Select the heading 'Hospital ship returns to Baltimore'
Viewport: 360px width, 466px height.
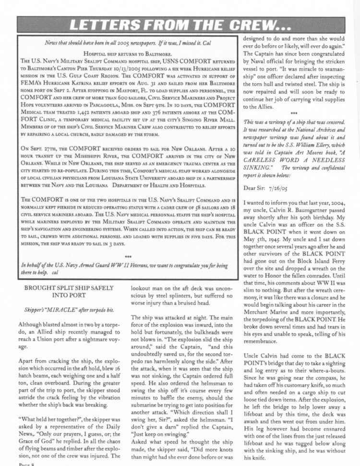click(128, 54)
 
